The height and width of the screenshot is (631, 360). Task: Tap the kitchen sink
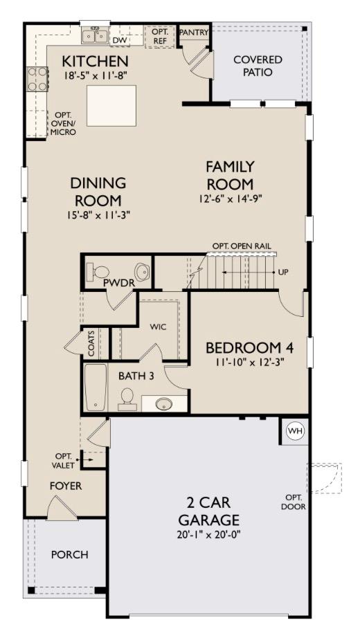[94, 35]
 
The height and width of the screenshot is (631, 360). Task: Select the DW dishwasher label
[120, 40]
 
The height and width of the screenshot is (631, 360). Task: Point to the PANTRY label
[194, 33]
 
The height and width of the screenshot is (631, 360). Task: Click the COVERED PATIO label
[257, 66]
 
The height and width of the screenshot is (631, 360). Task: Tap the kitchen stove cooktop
[37, 80]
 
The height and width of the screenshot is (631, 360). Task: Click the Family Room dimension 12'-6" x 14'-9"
[229, 198]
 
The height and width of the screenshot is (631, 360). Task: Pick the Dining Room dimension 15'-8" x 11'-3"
[98, 214]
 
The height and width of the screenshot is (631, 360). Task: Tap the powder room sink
[142, 271]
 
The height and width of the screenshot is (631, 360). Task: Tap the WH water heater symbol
[296, 431]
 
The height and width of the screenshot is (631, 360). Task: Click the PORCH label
[69, 555]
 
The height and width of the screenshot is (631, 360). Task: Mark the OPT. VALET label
[64, 460]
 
